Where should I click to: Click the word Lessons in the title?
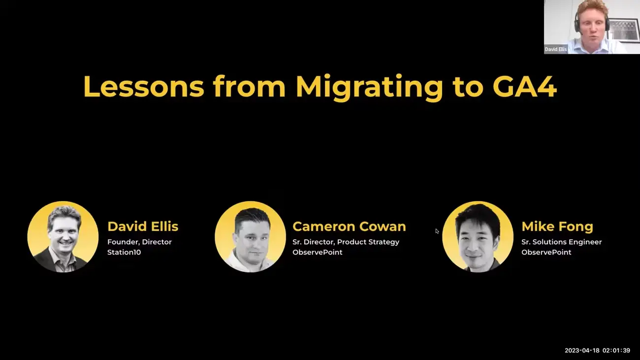click(144, 86)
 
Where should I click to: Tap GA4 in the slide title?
click(525, 86)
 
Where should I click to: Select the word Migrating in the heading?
click(369, 88)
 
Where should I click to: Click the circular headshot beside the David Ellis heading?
click(63, 236)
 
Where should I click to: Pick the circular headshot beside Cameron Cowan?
click(250, 236)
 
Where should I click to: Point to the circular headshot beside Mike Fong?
click(478, 236)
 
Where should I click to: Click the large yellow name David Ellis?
click(143, 226)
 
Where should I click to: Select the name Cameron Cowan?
click(349, 226)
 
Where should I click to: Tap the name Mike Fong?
click(557, 227)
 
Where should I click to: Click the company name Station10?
click(124, 252)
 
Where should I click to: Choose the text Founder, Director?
click(139, 242)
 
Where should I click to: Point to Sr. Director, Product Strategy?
click(346, 242)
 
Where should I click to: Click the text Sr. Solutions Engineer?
click(561, 242)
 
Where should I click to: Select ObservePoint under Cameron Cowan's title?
click(318, 252)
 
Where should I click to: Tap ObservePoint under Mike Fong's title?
click(546, 252)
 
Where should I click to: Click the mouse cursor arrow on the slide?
click(437, 231)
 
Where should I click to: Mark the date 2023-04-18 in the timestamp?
click(582, 350)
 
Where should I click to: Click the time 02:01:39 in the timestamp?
click(616, 350)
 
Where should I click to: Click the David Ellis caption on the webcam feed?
click(555, 49)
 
